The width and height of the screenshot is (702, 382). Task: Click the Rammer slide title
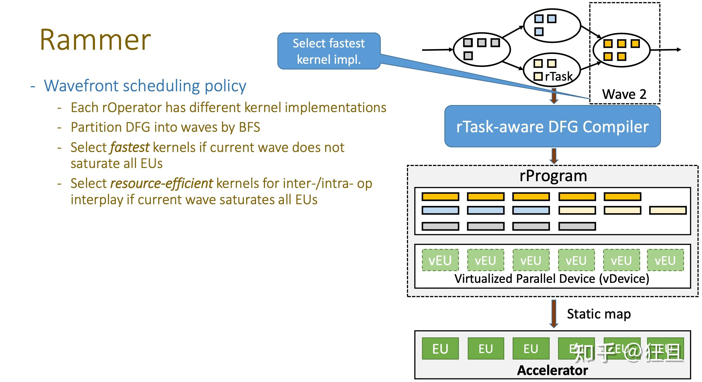[95, 40]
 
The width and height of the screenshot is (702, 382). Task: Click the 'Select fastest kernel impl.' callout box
[329, 51]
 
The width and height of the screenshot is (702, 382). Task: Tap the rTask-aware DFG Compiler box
[552, 126]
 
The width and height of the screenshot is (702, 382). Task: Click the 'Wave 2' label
[624, 94]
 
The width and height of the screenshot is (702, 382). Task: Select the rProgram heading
[553, 176]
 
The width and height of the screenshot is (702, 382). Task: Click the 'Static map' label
[599, 314]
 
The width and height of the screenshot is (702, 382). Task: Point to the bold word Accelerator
[552, 370]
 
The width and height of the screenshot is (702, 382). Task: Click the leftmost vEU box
[440, 260]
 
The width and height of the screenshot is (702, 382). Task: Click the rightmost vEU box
[665, 260]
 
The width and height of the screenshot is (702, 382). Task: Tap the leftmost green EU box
[440, 349]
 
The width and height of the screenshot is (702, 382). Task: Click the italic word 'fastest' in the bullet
[130, 147]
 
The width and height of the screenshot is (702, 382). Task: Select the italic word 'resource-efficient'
[162, 183]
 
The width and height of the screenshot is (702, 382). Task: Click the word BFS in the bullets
[249, 127]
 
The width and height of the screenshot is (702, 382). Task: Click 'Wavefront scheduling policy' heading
[145, 86]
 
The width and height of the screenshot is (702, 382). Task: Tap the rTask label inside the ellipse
[558, 76]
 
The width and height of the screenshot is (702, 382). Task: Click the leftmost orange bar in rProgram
[440, 197]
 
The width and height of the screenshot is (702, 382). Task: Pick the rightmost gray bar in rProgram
[577, 226]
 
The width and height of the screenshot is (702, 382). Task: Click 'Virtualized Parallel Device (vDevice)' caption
[552, 279]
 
